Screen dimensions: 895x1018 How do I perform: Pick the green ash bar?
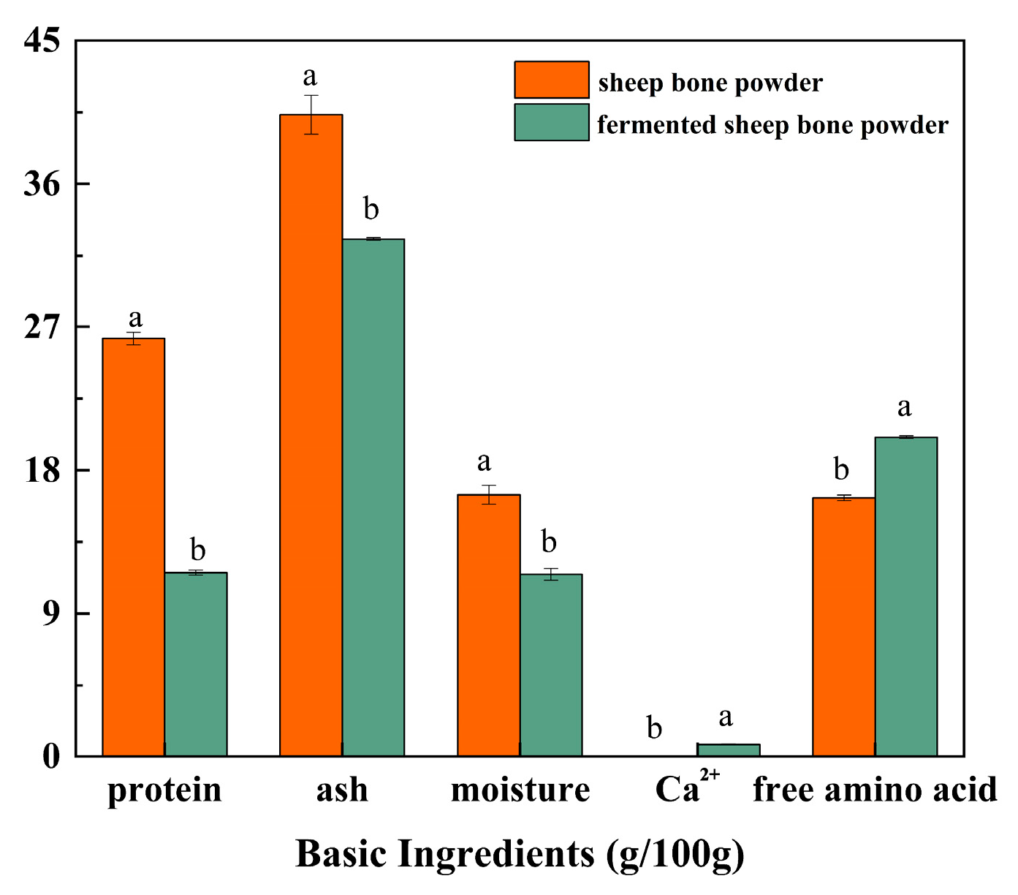(x=373, y=497)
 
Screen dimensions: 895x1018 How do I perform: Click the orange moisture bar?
(x=489, y=625)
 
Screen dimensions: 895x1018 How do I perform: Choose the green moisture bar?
(x=551, y=665)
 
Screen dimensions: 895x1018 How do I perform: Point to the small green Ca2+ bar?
(x=729, y=750)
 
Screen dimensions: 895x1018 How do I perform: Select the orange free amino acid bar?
(x=844, y=627)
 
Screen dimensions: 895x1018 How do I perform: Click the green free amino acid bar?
(x=906, y=597)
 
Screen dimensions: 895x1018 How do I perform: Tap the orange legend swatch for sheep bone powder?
(x=552, y=80)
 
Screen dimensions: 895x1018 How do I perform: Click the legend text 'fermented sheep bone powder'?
(x=772, y=125)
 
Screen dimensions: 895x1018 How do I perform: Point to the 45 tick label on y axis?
(x=42, y=40)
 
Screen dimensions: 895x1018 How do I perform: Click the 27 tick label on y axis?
(x=42, y=327)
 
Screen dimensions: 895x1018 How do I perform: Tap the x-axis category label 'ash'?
(x=342, y=790)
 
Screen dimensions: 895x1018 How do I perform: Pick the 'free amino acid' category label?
(x=875, y=790)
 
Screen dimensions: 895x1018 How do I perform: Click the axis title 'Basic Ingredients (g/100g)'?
(x=520, y=853)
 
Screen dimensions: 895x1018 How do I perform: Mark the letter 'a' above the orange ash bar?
(x=311, y=76)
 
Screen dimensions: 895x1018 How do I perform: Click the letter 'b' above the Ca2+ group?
(x=654, y=728)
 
